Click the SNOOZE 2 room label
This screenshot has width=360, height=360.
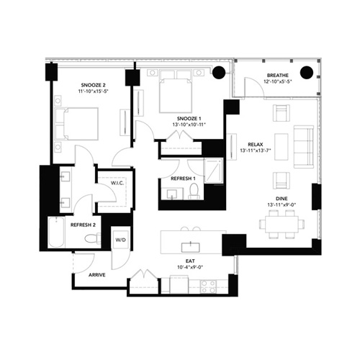(94, 85)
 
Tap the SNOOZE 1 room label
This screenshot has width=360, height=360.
(189, 119)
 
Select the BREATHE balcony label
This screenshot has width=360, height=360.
(278, 76)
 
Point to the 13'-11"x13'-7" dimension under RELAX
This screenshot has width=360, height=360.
(255, 150)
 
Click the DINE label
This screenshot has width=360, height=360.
(282, 199)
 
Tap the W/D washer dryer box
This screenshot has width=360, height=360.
(121, 240)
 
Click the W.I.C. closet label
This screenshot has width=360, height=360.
(117, 183)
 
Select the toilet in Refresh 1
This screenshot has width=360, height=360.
(194, 192)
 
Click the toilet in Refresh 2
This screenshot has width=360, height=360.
(92, 238)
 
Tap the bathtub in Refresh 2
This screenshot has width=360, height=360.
(56, 232)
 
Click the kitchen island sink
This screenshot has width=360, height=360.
(191, 248)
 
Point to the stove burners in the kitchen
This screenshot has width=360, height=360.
(208, 287)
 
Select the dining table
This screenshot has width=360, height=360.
(282, 224)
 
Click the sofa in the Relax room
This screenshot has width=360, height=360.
(304, 146)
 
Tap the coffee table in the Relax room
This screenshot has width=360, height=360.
(282, 147)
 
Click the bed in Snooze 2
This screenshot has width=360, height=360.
(77, 124)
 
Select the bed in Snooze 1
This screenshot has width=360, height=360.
(176, 91)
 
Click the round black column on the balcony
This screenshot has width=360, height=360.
(307, 72)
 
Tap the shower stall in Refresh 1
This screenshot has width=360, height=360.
(213, 171)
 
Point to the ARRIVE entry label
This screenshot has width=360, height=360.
(97, 275)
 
